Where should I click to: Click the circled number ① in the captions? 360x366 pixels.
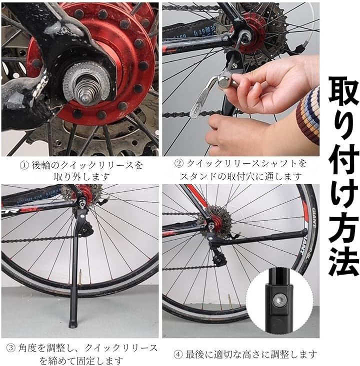coord(24,165)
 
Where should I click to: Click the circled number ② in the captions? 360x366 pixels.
coord(179,163)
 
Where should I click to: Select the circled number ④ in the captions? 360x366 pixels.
coord(178,355)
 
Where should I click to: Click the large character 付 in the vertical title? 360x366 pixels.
coord(343,159)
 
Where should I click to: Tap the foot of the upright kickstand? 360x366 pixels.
coord(72,324)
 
